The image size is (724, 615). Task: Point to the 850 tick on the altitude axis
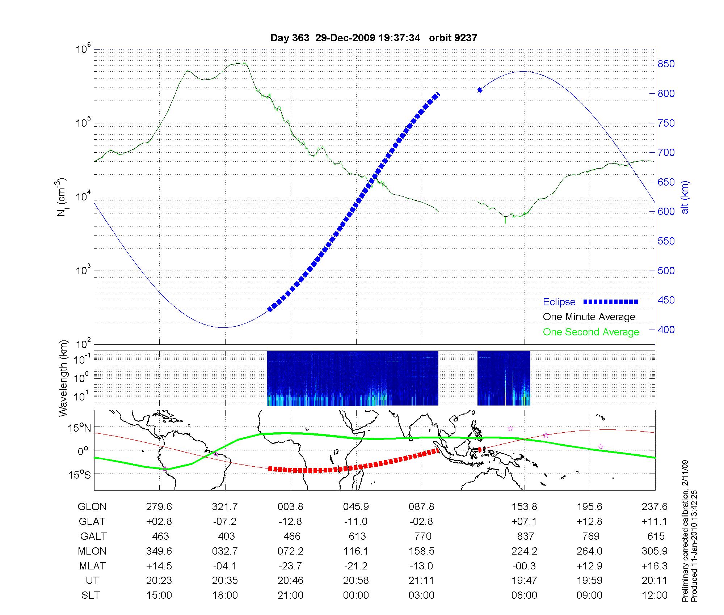click(666, 64)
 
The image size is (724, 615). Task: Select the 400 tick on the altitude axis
click(666, 330)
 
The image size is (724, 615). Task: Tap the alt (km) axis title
click(685, 197)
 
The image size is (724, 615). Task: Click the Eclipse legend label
click(559, 302)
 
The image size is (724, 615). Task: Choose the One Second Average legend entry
click(591, 332)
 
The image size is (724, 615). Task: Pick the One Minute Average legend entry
click(589, 317)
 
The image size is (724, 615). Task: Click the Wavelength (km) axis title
click(64, 378)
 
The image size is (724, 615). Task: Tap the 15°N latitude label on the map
click(80, 428)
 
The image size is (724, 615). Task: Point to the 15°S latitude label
click(80, 475)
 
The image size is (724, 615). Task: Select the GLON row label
click(92, 506)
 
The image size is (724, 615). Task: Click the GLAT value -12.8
click(290, 521)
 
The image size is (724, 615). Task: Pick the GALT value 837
click(525, 536)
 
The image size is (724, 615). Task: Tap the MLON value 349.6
click(159, 551)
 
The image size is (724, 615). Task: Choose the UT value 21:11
click(422, 580)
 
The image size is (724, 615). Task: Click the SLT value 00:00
click(356, 595)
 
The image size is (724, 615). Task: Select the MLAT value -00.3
click(524, 566)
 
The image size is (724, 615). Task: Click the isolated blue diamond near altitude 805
click(480, 90)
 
